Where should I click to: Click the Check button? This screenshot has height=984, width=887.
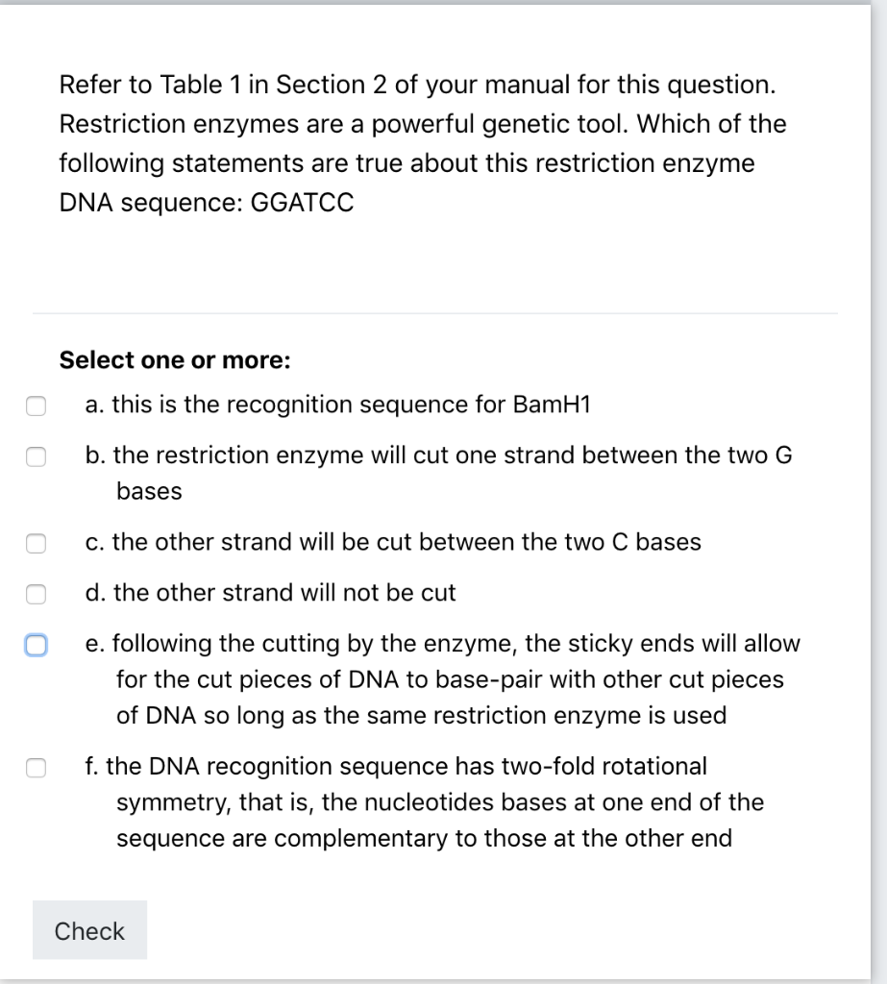click(89, 930)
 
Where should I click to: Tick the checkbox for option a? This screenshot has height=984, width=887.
click(36, 406)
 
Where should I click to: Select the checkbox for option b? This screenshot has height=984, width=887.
click(36, 455)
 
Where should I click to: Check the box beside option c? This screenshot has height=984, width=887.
click(36, 543)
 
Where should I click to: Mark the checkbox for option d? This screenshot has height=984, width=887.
click(36, 594)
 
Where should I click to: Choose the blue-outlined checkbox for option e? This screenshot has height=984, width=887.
click(36, 645)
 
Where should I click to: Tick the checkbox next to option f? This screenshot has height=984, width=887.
click(36, 767)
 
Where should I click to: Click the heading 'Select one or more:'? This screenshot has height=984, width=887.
click(174, 360)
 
